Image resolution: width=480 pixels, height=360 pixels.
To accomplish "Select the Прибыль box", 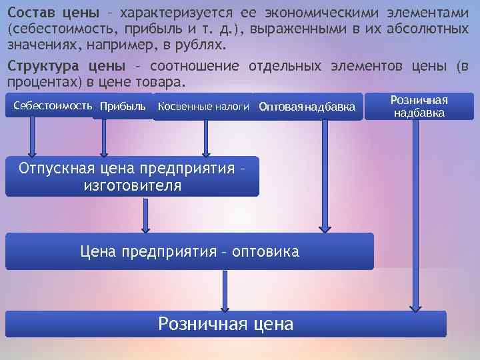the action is point(122,107).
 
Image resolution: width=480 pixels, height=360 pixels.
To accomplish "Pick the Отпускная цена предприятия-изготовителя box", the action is point(132,177).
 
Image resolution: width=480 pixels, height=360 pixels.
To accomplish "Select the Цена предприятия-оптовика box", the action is point(189,251).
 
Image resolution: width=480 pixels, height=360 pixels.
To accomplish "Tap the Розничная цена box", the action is point(225,324).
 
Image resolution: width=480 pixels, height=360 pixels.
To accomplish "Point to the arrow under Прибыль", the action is point(103,137).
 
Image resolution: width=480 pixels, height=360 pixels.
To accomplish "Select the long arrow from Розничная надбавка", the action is point(415,213).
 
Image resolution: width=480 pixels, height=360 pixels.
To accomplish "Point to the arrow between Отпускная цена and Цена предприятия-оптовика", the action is point(144,214).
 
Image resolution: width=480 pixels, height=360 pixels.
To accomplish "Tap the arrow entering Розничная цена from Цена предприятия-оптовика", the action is point(225,291).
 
